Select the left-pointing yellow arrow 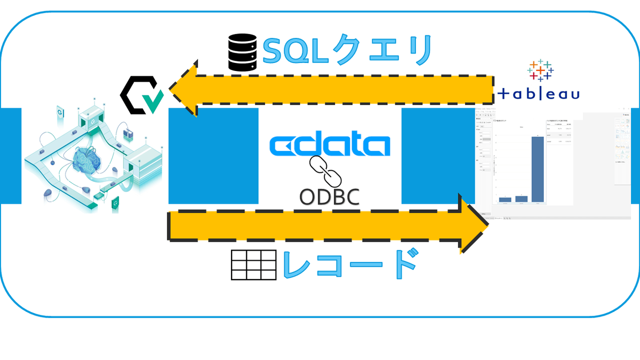pyautogui.click(x=331, y=89)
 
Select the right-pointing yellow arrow pyautogui.click(x=325, y=226)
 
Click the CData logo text pyautogui.click(x=329, y=146)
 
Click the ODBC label pyautogui.click(x=329, y=196)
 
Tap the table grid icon pyautogui.click(x=253, y=265)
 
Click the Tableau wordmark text pyautogui.click(x=539, y=94)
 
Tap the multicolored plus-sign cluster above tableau pyautogui.click(x=540, y=70)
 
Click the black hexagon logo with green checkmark pyautogui.click(x=140, y=97)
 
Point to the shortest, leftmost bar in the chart pyautogui.click(x=505, y=199)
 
